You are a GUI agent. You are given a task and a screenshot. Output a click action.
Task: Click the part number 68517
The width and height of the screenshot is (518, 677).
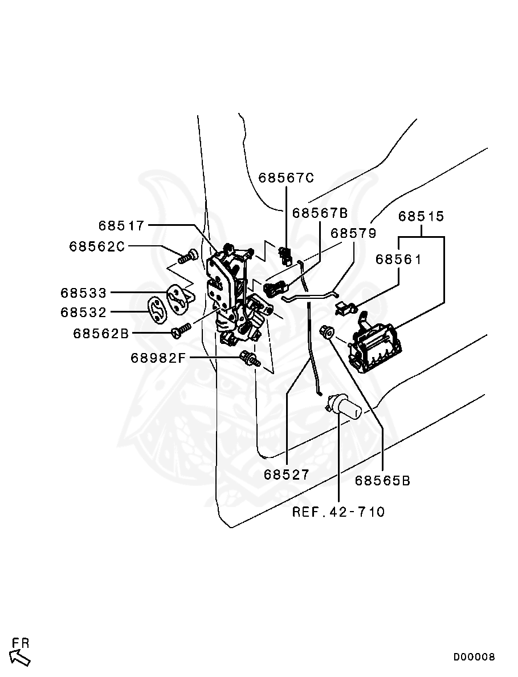pos(121,226)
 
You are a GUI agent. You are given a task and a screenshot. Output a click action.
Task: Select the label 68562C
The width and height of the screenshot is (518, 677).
pos(97,246)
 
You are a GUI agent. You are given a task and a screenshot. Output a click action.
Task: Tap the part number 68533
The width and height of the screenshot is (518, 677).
pos(84,293)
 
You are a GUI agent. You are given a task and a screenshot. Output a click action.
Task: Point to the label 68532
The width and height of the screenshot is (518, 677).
pos(84,313)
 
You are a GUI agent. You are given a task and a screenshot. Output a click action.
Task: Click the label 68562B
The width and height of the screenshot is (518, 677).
pos(101,334)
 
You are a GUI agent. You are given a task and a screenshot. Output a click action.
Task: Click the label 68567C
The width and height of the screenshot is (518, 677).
pos(286,177)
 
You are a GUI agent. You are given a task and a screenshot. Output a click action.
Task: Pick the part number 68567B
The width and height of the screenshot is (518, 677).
pos(320,213)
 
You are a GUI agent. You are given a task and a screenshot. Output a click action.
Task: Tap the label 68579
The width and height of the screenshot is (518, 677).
pos(353,233)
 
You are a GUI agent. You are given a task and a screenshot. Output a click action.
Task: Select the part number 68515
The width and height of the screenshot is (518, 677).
pos(421,217)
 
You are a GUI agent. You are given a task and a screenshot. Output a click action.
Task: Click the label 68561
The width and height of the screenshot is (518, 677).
pos(398,260)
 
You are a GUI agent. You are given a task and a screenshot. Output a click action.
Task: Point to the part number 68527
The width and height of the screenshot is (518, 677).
pos(287,475)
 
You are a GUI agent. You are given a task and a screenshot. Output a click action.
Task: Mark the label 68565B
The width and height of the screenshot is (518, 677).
pos(382,481)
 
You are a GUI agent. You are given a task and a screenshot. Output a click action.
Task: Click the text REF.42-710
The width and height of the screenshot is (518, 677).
pos(338,512)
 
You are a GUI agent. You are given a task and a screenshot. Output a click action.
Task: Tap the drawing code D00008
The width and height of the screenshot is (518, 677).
pos(474,657)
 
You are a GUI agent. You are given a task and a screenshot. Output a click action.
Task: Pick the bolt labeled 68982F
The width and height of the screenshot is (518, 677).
pos(250,359)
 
